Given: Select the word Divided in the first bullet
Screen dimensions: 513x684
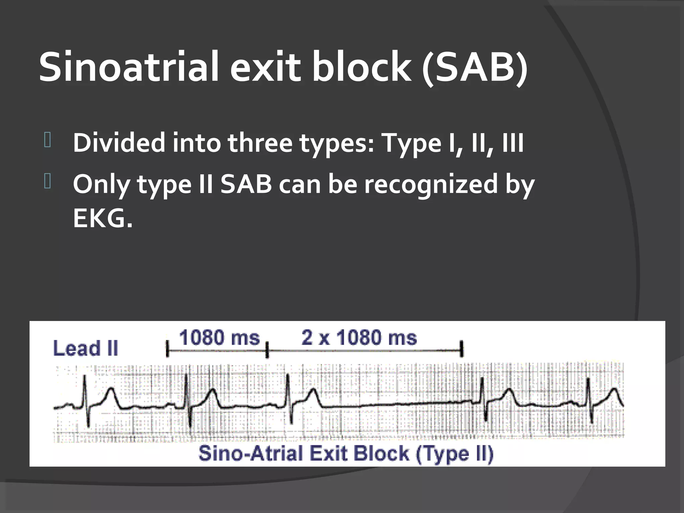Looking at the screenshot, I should point(119,143).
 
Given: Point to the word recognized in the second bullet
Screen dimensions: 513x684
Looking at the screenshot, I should point(431,184).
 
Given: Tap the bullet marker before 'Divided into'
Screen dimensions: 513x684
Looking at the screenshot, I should point(47,140).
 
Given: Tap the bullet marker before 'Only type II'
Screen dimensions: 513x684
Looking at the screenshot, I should point(47,182).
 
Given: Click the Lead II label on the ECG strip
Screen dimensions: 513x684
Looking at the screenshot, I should point(85,348).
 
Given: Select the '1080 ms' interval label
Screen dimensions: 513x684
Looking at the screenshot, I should point(219,338).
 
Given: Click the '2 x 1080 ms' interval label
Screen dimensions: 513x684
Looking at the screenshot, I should point(359,338).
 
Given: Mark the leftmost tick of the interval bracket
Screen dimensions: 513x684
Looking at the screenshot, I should point(167,349).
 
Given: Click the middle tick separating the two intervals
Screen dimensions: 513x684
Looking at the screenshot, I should point(267,349).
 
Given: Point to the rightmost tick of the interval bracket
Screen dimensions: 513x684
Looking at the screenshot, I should point(462,349).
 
